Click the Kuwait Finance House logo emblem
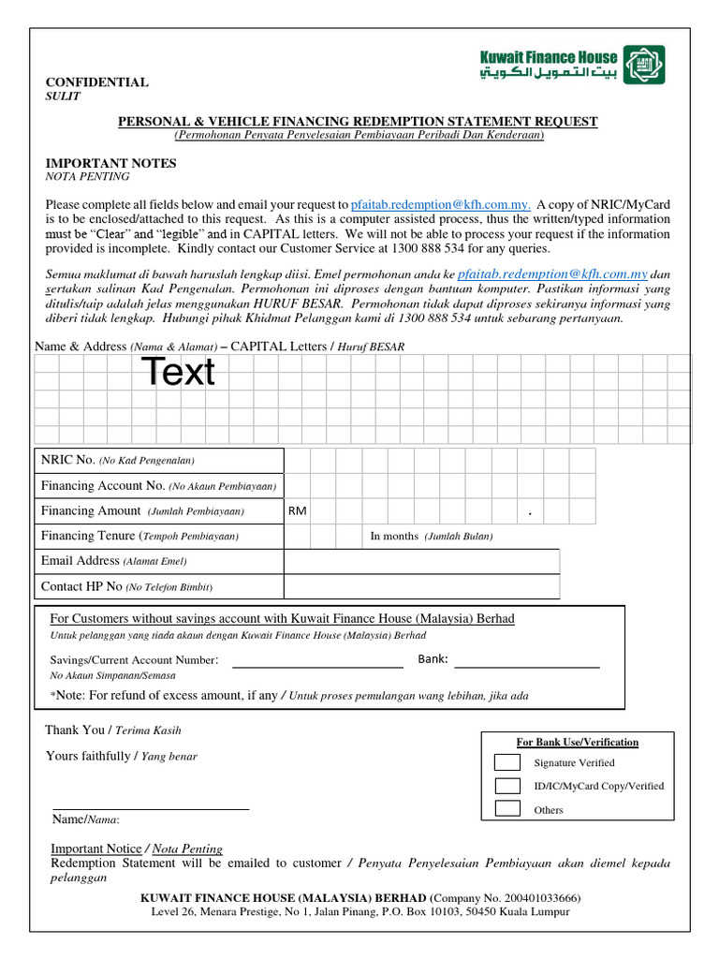[645, 65]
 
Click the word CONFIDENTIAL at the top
[97, 82]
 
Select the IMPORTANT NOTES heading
[111, 163]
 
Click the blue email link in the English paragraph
[441, 205]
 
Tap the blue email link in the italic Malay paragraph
[552, 274]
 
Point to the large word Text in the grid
[178, 373]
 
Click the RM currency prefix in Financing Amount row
[297, 511]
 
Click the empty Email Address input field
[421, 561]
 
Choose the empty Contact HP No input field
[421, 586]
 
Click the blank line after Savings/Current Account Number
[317, 666]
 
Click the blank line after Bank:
[526, 666]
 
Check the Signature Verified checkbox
[506, 762]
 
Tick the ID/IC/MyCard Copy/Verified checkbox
[506, 786]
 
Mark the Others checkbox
[506, 808]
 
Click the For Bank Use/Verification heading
[578, 743]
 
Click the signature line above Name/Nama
[151, 807]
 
